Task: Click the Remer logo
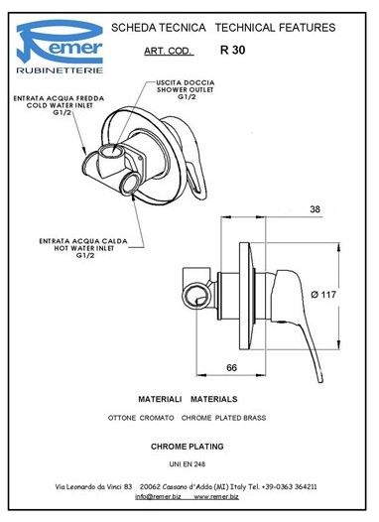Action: (x=60, y=47)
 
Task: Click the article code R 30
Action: (x=232, y=50)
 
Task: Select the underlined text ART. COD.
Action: (x=169, y=51)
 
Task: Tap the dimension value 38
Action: (x=315, y=209)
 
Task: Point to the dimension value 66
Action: (x=231, y=367)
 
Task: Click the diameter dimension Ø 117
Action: (x=323, y=295)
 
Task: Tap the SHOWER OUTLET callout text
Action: (x=186, y=90)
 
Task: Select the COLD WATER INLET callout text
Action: (x=60, y=105)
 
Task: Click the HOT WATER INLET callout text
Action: (x=84, y=248)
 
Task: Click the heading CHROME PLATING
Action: (x=187, y=447)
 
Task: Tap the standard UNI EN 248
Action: (x=187, y=464)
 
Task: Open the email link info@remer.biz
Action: (x=158, y=497)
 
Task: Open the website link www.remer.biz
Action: (x=216, y=497)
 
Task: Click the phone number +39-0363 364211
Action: (x=289, y=486)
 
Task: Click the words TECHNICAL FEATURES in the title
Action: (x=275, y=28)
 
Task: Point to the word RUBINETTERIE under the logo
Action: (x=60, y=70)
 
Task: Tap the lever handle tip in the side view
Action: (x=320, y=380)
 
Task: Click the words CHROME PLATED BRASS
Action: (x=223, y=418)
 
